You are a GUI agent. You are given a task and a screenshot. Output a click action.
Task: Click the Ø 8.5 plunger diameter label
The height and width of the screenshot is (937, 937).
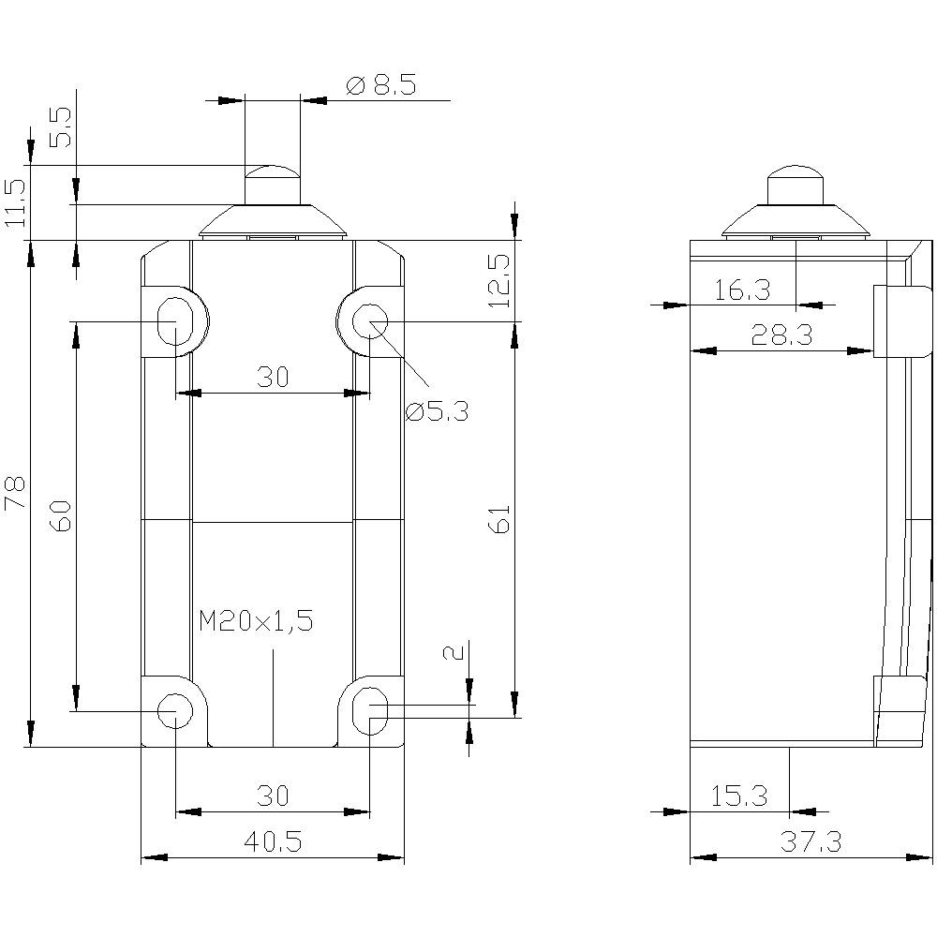[x=381, y=86]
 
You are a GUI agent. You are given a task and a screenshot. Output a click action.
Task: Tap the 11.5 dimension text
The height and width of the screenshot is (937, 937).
[x=15, y=201]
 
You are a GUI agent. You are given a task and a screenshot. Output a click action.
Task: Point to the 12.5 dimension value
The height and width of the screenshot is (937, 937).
[x=498, y=282]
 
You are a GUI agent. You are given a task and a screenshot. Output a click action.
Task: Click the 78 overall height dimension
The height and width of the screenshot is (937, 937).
[x=16, y=494]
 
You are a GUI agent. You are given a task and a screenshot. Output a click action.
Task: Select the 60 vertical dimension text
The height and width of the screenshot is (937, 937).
[x=60, y=515]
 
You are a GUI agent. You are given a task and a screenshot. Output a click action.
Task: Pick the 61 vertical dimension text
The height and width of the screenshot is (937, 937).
[x=498, y=518]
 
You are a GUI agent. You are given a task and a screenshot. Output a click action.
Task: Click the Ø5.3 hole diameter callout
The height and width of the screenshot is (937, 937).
[x=437, y=410]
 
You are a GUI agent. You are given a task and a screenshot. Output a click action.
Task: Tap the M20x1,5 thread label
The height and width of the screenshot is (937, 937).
[x=255, y=620]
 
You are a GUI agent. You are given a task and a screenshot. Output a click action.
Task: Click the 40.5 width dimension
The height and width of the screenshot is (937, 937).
[x=272, y=842]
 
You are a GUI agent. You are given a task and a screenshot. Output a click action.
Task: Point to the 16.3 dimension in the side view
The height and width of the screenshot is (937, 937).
[x=742, y=290]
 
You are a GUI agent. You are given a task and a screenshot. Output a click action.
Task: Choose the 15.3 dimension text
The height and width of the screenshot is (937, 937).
[x=739, y=796]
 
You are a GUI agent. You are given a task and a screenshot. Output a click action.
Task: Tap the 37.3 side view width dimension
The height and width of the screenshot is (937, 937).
[x=811, y=842]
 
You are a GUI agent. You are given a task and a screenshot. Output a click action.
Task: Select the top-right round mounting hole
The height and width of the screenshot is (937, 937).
[x=369, y=322]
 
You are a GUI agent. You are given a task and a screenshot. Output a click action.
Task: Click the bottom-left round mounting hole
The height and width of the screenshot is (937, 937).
[x=173, y=710]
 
